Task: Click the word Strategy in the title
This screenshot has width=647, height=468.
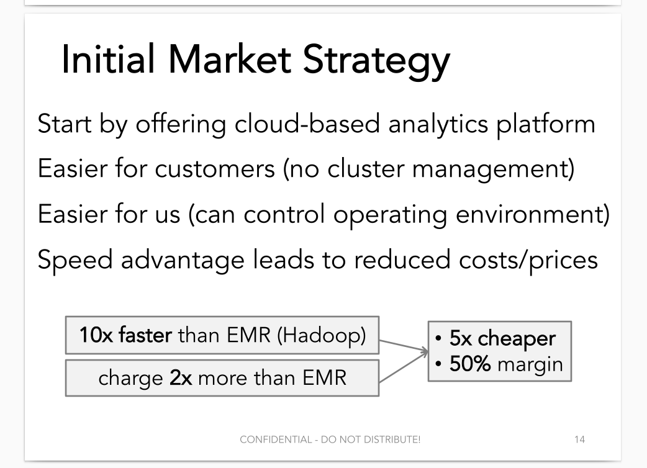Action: tap(376, 60)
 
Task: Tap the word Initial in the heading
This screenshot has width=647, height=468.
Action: tap(108, 58)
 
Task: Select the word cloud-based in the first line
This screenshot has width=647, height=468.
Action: tap(307, 124)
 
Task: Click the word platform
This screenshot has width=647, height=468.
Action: tap(546, 124)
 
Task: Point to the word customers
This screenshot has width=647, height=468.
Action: tap(215, 169)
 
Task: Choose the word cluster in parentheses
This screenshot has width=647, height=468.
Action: tap(366, 168)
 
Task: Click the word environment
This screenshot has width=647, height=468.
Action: tap(529, 214)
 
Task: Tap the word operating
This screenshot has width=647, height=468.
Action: tap(390, 215)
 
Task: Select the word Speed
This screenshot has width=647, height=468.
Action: tap(75, 260)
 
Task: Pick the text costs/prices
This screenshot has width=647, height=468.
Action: tap(528, 260)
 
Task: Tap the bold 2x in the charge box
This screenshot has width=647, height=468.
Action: tap(181, 378)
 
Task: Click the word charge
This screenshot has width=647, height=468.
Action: tap(130, 379)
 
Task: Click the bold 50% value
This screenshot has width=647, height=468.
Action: tap(470, 364)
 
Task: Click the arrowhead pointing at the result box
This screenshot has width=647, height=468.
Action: tap(425, 351)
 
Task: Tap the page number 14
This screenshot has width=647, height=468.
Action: tap(579, 439)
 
